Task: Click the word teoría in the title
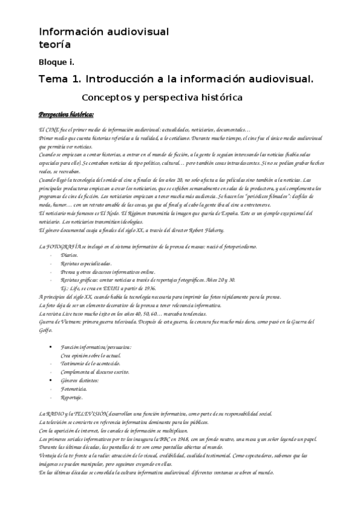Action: [55, 45]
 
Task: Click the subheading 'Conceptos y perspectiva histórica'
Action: [162, 97]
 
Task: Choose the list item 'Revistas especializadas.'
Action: [86, 263]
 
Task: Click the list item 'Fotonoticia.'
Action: [75, 389]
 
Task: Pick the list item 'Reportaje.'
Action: [72, 398]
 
